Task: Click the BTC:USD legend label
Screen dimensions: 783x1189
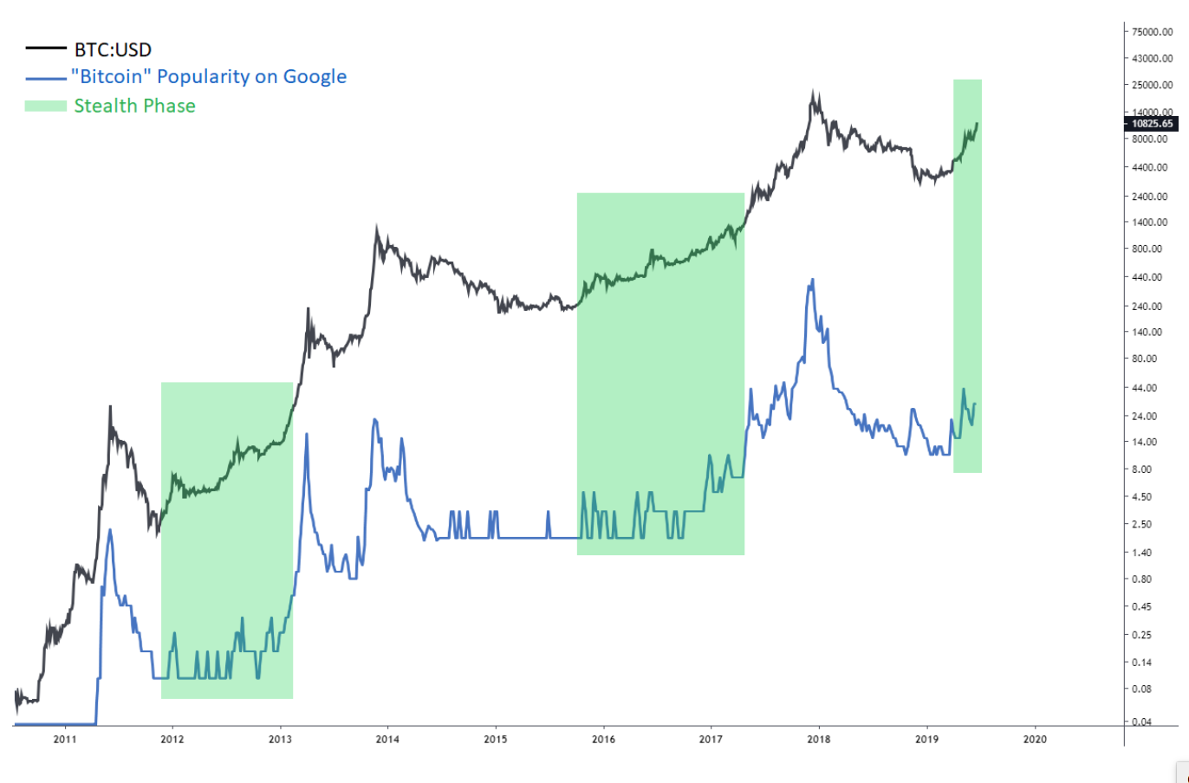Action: coord(113,49)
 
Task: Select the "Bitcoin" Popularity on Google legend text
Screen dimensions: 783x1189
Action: coord(208,77)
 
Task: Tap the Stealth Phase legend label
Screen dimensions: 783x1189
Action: coord(134,106)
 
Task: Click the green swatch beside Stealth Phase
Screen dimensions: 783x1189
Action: coord(45,106)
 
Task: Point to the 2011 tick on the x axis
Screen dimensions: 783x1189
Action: coord(65,739)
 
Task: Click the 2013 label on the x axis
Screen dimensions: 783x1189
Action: coord(280,739)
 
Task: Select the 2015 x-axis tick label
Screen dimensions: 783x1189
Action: coord(496,739)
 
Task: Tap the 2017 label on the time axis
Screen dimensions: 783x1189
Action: coord(711,739)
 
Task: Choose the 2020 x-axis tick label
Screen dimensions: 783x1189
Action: coord(1035,739)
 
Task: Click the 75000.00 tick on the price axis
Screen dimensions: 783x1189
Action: coord(1153,32)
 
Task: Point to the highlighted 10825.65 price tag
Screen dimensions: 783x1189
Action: coord(1153,124)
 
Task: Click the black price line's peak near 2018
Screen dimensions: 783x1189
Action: coord(813,91)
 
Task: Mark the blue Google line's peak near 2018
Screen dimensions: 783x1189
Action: coord(812,280)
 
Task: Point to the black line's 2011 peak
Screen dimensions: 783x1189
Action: coord(110,406)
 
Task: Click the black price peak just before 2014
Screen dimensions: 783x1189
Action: coord(376,227)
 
